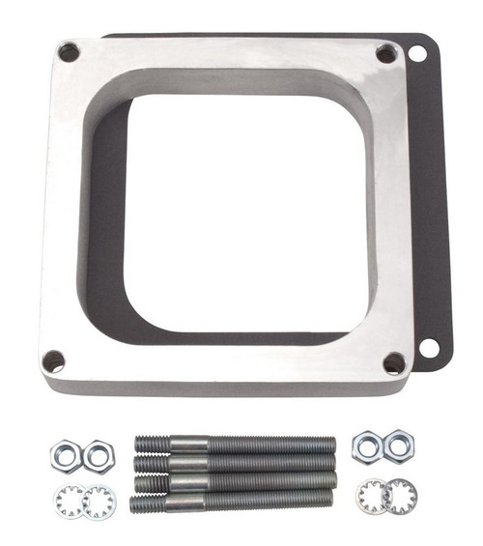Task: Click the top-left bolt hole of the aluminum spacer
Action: pyautogui.click(x=69, y=52)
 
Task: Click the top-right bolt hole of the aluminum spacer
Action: pyautogui.click(x=385, y=54)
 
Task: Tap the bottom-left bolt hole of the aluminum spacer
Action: pyautogui.click(x=54, y=361)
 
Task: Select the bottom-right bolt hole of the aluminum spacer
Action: pyautogui.click(x=394, y=363)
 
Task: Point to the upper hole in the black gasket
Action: pyautogui.click(x=418, y=53)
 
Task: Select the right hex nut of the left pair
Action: pyautogui.click(x=97, y=453)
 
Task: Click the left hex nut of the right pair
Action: pyautogui.click(x=367, y=447)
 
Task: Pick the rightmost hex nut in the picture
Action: pyautogui.click(x=398, y=446)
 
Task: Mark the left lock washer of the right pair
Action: pyautogui.click(x=373, y=497)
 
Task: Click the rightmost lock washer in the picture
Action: pyautogui.click(x=400, y=498)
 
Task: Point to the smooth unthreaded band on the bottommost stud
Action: pyautogui.click(x=184, y=502)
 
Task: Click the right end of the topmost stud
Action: pyautogui.click(x=330, y=445)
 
